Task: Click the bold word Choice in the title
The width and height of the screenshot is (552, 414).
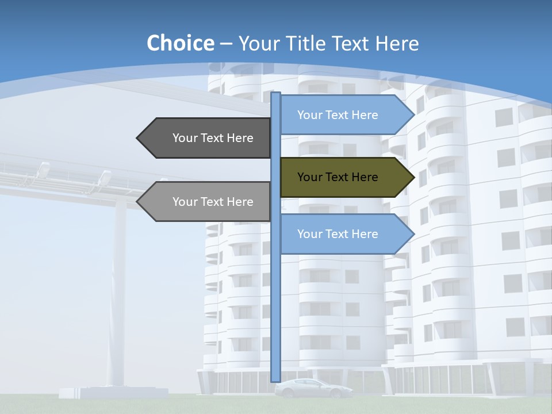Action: pos(180,43)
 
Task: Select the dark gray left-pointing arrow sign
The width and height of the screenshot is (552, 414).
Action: pos(204,138)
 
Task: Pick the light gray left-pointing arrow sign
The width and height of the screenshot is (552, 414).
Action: pos(204,202)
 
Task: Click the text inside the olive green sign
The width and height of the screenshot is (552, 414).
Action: pos(338,177)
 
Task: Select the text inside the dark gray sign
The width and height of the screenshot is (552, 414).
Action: pos(213,138)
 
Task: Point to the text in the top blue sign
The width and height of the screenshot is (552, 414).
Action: pos(338,115)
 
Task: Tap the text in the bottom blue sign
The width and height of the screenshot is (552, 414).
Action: pos(338,234)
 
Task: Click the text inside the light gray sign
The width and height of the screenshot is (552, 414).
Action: pos(213,202)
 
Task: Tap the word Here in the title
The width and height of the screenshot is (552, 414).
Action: pos(397,44)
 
